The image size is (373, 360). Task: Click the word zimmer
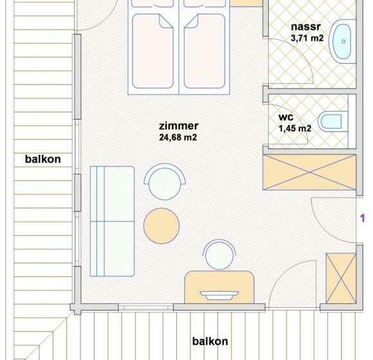178,126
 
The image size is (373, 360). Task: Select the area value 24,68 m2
178,138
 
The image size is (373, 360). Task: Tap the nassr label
305,26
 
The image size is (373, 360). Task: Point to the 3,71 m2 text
307,38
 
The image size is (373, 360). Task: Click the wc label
286,117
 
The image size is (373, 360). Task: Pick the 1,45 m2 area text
295,129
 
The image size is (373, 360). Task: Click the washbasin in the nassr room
343,41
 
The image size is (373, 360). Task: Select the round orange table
161,226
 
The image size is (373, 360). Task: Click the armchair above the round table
165,181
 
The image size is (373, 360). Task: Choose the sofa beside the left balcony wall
112,221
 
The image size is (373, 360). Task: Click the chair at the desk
219,255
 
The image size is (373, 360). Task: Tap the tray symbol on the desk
219,295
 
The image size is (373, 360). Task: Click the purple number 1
363,218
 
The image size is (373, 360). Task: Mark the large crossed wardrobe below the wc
309,172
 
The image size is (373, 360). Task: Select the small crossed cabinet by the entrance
341,278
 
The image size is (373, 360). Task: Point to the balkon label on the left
43,159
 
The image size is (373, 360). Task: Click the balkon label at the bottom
210,341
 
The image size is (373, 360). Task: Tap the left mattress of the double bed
152,51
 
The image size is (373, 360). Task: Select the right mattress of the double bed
205,51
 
